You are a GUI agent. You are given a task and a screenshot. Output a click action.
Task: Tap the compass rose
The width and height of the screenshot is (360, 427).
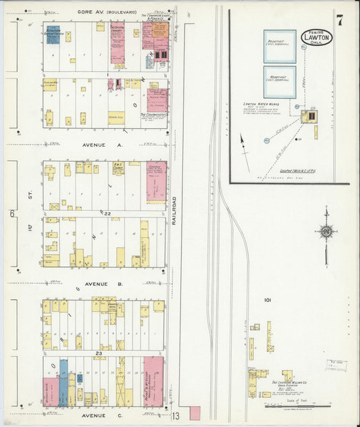[326, 231]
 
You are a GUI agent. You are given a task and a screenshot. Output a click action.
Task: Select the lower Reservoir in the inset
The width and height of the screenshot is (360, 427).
[279, 81]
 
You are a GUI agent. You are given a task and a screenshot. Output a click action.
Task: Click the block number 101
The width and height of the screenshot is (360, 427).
[268, 299]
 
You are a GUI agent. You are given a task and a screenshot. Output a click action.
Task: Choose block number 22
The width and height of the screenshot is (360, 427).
[106, 213]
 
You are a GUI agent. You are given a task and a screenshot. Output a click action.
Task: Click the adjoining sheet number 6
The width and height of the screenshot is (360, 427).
[11, 214]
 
